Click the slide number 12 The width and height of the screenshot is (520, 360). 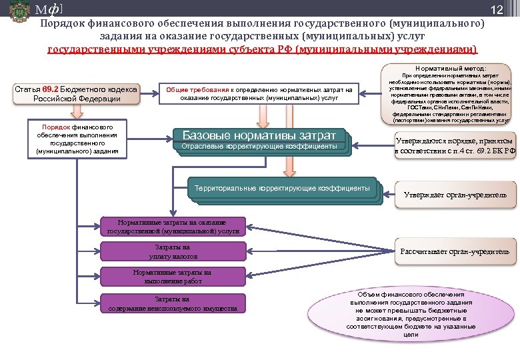[x=496, y=9]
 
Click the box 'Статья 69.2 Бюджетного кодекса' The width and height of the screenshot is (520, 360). [x=77, y=94]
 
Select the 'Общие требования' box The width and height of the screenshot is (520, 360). [x=259, y=93]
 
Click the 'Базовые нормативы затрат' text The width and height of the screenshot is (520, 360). [x=259, y=135]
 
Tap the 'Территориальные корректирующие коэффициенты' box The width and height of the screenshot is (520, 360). [x=282, y=189]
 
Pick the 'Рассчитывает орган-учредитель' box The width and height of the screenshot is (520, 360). [x=457, y=251]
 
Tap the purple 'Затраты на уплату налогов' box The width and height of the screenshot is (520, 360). [x=172, y=251]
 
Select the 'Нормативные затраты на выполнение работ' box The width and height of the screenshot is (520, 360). [x=172, y=277]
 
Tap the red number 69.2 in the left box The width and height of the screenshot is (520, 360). [x=51, y=89]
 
